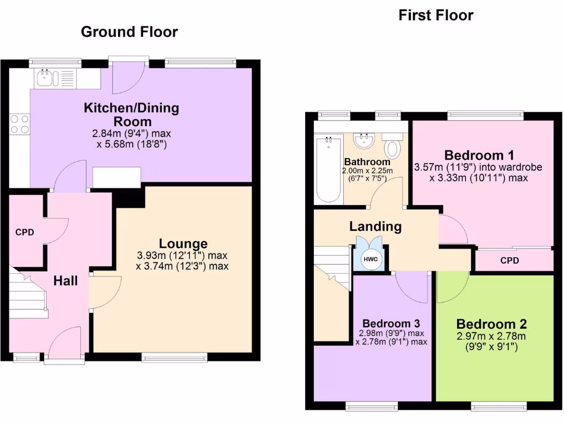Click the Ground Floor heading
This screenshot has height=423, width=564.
129,32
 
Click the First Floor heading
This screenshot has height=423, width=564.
436,15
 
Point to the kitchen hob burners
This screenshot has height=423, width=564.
19,124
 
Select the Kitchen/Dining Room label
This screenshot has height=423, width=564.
132,114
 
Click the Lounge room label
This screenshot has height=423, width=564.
183,243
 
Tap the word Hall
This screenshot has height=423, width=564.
66,281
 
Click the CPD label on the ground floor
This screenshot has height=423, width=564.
25,232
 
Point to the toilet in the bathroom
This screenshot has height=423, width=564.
393,148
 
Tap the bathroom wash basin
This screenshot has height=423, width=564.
365,142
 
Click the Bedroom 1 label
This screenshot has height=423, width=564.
475,155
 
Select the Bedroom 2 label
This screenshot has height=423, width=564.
492,323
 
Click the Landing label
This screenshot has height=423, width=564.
375,226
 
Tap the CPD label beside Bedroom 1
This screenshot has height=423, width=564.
510,261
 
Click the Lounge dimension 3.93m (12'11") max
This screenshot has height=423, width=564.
182,256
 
